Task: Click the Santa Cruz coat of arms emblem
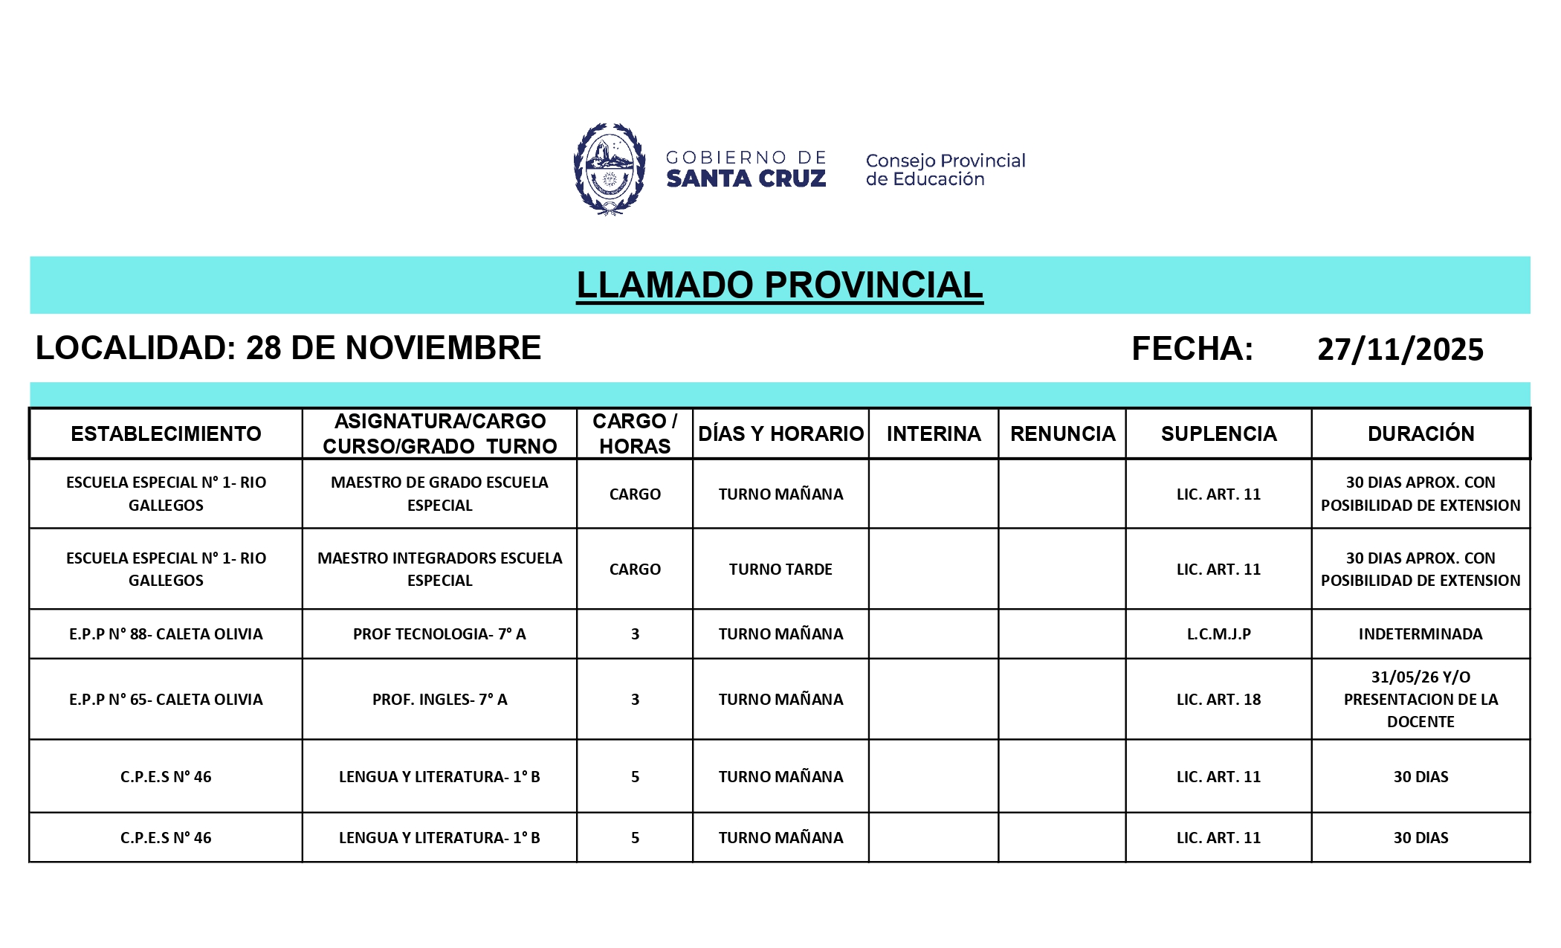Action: coord(609,170)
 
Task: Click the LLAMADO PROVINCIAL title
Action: coord(779,286)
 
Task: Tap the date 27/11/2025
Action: coord(1400,349)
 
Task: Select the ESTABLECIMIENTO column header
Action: coord(166,433)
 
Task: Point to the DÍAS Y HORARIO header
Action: coord(780,433)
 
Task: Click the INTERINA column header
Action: coord(933,433)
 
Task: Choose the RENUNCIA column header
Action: coord(1062,433)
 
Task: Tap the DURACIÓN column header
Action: coord(1421,433)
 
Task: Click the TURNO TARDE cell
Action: coord(780,570)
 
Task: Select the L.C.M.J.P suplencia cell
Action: coord(1218,634)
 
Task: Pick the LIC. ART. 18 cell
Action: coord(1218,700)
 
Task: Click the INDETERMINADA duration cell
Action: coord(1421,634)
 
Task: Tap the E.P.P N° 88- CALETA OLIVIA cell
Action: coord(166,634)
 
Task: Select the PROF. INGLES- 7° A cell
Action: coord(439,700)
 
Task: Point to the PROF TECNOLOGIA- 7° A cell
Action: coord(439,634)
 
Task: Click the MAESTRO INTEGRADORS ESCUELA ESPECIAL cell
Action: coord(439,570)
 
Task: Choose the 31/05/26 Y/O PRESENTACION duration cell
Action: coord(1421,700)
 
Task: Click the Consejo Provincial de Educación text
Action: coord(945,170)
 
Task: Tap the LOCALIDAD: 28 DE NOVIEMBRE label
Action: coord(288,349)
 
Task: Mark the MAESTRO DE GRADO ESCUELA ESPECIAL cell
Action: coord(439,494)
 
